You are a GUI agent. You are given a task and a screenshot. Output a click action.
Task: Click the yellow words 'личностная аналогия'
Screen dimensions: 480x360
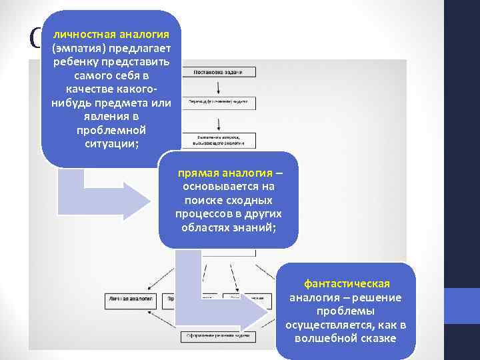tap(111, 34)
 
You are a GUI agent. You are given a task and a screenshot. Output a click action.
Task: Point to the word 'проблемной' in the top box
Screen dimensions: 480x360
tap(111, 129)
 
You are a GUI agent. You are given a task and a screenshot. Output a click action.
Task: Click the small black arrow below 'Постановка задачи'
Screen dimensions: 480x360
tap(219, 87)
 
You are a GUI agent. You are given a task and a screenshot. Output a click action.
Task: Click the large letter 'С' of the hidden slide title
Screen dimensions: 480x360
tap(35, 40)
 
